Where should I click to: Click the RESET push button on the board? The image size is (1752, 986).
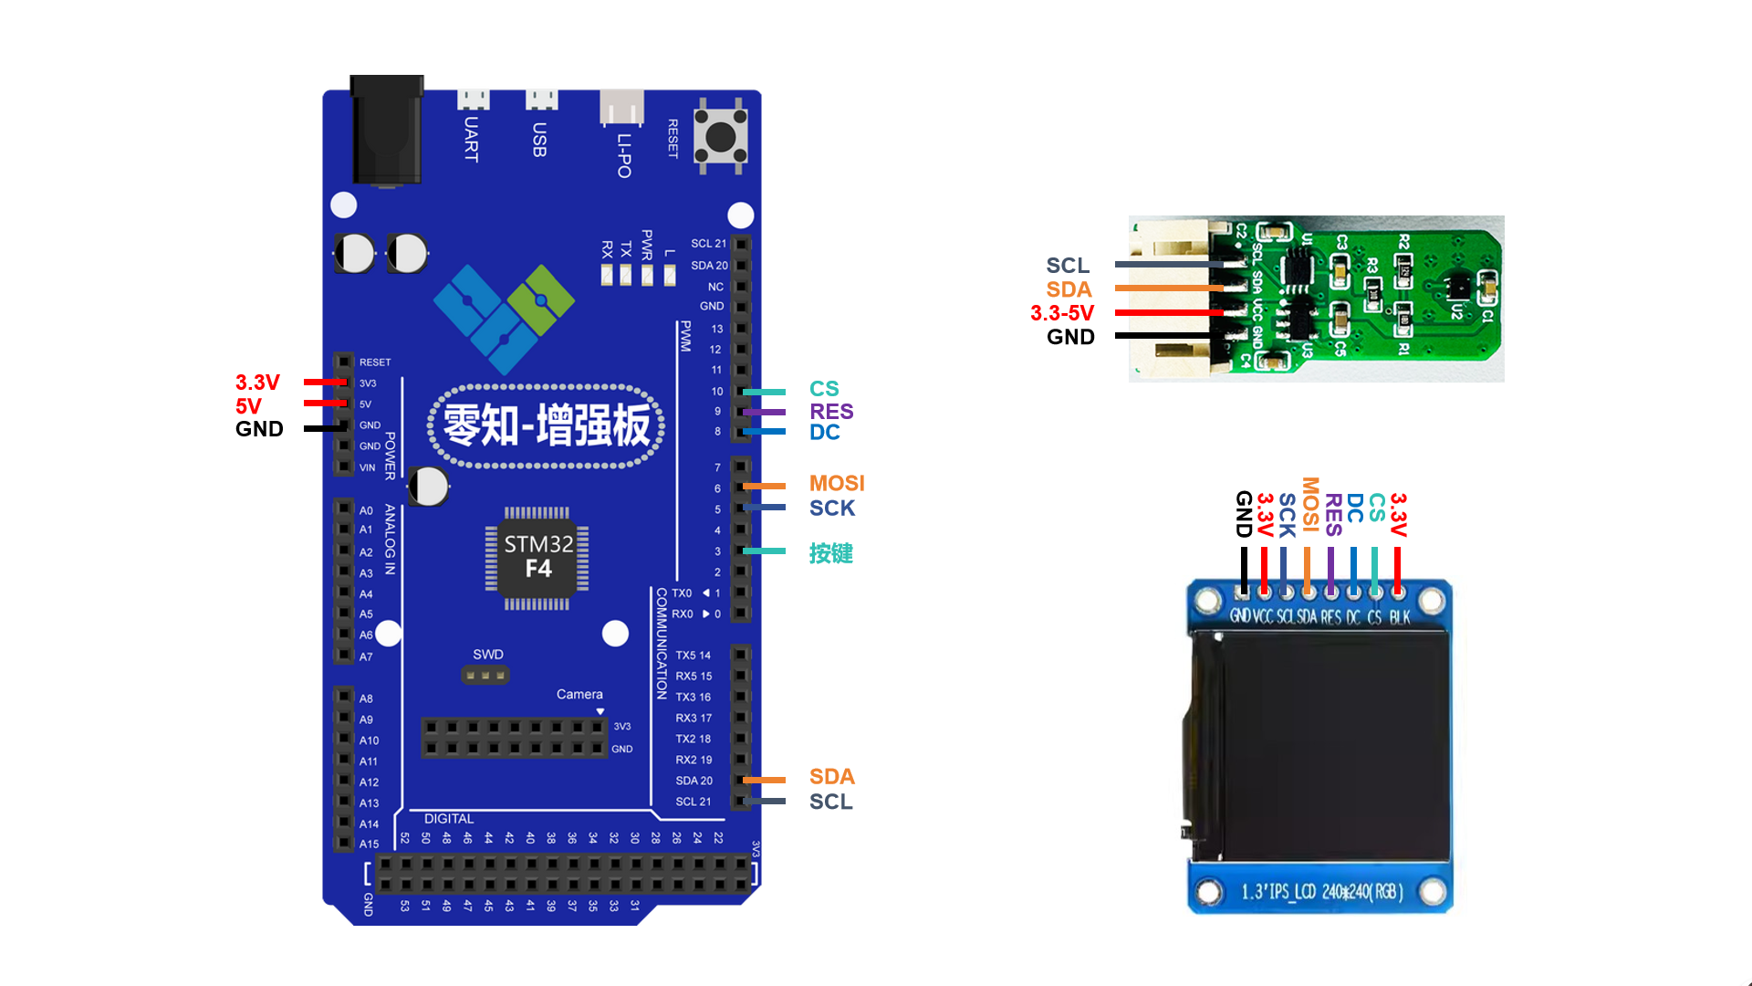720,138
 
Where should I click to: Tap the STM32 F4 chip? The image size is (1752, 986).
537,556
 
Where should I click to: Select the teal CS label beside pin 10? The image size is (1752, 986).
824,389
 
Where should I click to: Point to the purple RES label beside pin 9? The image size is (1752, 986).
831,412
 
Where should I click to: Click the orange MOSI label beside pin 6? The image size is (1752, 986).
836,483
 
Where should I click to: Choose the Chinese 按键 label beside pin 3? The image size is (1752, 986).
830,553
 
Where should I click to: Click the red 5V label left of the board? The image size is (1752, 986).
248,405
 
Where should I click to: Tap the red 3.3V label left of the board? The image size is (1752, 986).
257,383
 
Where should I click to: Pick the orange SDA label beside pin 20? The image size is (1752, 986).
831,777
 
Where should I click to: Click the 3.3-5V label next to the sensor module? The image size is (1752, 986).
1062,313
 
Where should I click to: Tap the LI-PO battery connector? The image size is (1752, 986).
621,108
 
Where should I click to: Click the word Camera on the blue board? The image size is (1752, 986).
579,695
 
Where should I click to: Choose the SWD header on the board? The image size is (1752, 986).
485,676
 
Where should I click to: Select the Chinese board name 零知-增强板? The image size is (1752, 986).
547,426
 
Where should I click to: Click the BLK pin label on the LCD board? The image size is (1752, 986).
1400,617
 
